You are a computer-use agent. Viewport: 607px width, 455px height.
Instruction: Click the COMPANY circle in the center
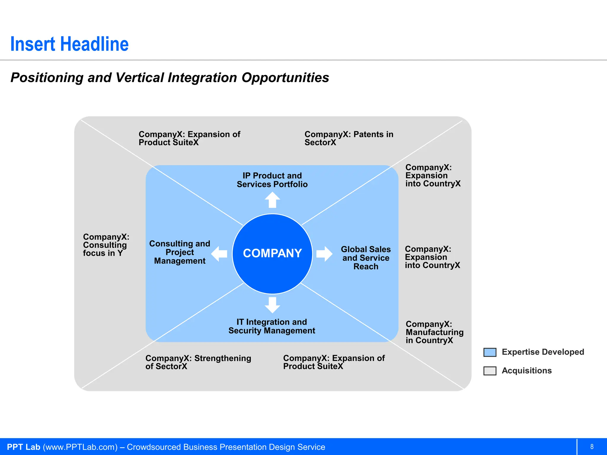272,254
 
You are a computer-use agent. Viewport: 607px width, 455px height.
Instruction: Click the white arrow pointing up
272,200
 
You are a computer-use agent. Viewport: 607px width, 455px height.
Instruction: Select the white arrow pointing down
272,305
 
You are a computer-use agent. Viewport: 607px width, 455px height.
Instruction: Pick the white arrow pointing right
324,254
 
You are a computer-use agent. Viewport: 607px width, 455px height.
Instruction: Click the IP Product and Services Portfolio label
272,180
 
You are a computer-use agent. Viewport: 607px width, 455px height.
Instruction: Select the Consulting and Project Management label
180,252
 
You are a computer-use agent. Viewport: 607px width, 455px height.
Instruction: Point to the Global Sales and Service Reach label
366,258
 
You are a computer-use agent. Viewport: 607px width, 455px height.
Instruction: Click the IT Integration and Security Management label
272,326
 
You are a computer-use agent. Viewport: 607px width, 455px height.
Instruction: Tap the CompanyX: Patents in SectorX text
349,138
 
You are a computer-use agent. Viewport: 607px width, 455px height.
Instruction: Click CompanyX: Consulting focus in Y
106,245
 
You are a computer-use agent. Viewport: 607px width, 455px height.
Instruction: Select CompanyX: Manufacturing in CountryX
435,332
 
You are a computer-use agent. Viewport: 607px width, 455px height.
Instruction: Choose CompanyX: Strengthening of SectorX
198,362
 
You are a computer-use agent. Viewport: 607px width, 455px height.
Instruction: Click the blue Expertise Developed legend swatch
490,352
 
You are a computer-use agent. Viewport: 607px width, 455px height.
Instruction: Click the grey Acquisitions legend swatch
490,371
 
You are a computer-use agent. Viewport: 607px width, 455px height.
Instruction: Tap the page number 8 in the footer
592,447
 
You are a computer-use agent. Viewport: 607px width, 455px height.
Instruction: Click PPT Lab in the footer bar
23,447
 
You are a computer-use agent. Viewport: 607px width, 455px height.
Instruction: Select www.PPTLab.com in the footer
80,447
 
